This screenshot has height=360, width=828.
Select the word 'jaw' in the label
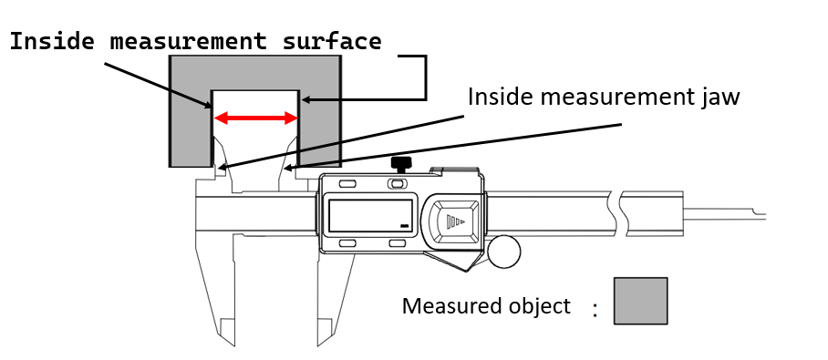coord(719,97)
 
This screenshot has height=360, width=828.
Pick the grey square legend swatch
coord(640,301)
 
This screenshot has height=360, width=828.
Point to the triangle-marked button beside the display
coord(455,221)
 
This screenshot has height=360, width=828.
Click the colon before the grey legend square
coord(595,310)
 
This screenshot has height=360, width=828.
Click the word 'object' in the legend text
coord(539,305)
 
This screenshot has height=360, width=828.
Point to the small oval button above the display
coord(397,185)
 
